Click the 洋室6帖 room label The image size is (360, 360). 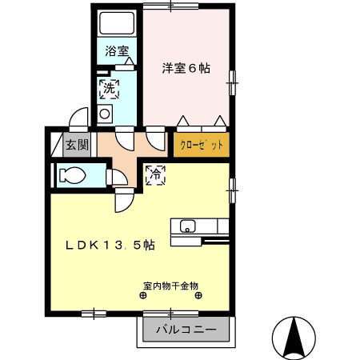[187, 69]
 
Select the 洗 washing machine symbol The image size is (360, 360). [108, 89]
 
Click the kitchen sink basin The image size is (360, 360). [190, 225]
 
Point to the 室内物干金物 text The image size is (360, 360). [170, 285]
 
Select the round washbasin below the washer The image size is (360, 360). [105, 114]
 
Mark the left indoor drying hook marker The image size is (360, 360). [143, 295]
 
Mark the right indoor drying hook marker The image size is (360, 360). [198, 295]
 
